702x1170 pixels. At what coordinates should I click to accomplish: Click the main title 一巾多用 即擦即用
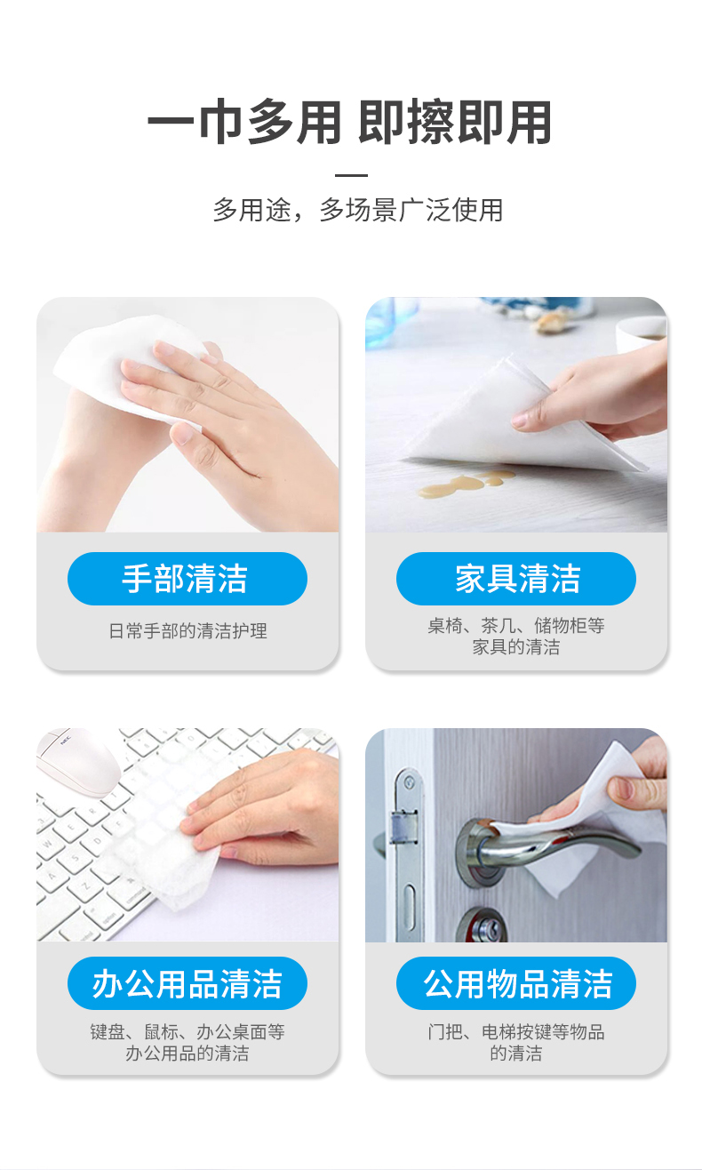(x=350, y=122)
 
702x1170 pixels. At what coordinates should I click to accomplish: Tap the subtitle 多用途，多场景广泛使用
(x=357, y=210)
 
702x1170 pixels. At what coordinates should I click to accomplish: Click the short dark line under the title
(x=351, y=175)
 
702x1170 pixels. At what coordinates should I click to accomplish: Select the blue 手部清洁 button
(x=187, y=579)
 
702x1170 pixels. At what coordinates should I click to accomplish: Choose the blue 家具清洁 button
(x=516, y=579)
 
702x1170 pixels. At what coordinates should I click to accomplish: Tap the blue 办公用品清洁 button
(x=187, y=983)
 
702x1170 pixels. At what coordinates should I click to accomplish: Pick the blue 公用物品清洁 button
(x=516, y=983)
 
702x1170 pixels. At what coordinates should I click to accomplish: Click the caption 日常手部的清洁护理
(x=187, y=631)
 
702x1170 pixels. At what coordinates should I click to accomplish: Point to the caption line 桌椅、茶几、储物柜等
(x=515, y=625)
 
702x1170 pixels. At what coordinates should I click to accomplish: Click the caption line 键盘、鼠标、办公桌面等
(x=187, y=1031)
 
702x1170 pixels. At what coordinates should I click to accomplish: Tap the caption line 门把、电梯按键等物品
(x=515, y=1031)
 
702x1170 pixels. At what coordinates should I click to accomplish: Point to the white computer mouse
(x=78, y=762)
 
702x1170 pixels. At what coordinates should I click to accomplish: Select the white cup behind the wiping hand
(x=641, y=333)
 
